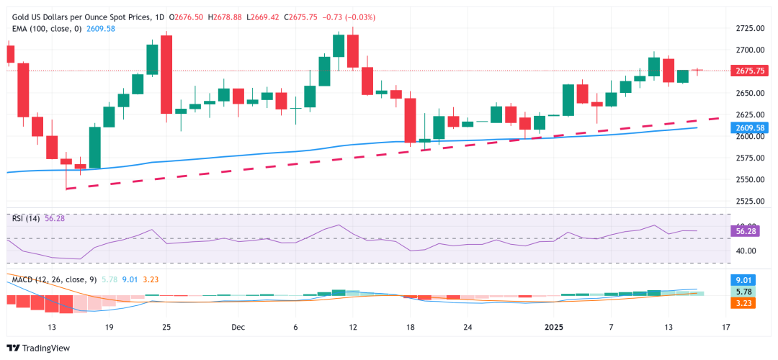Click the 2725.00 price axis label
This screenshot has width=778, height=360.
[x=750, y=28]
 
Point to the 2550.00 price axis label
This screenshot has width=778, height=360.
[x=750, y=179]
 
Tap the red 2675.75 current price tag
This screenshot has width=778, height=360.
[x=750, y=71]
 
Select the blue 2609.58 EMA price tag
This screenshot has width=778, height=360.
[x=750, y=127]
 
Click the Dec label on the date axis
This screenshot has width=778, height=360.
[x=238, y=327]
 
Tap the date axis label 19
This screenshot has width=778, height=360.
[x=109, y=327]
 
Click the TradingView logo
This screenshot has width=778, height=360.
[x=43, y=348]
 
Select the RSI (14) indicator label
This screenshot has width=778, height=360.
[x=27, y=217]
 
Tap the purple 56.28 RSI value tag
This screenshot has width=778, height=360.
[x=750, y=231]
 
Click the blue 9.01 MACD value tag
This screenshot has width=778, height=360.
[x=750, y=281]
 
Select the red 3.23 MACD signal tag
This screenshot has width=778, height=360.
[x=750, y=304]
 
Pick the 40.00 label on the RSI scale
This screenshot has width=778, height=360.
[x=750, y=251]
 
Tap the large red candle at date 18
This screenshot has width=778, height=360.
[x=411, y=120]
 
